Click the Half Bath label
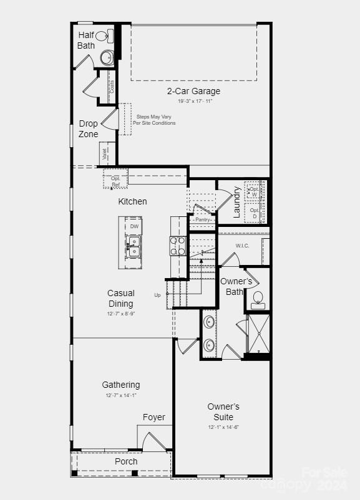(86, 40)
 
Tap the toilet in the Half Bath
(105, 35)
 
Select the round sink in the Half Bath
(106, 58)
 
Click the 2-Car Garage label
(193, 91)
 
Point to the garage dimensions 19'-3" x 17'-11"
(195, 101)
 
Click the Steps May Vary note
(154, 120)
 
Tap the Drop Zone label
(88, 128)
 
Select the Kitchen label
(133, 201)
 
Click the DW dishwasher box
(134, 226)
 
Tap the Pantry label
(202, 219)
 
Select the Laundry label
(237, 202)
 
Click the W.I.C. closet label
(242, 246)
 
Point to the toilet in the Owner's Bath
(258, 300)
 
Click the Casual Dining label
(121, 298)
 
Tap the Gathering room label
(121, 385)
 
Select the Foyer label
(153, 417)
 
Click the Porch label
(126, 461)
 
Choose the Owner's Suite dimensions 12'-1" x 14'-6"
(223, 427)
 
